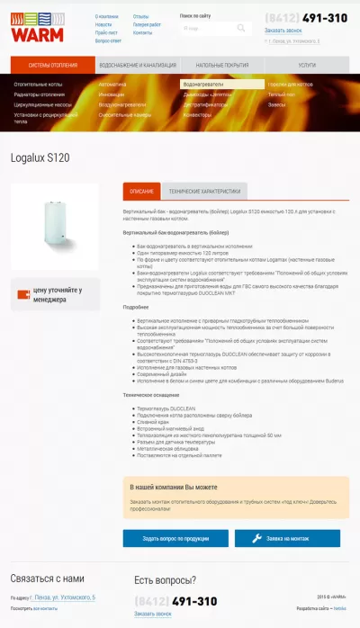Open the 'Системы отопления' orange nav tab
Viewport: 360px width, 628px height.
[x=52, y=66]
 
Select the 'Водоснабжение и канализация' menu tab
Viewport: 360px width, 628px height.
[x=138, y=66]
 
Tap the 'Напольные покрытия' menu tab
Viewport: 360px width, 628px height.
[x=222, y=66]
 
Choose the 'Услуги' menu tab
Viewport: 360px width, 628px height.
[x=307, y=66]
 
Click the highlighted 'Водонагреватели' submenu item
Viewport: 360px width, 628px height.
[x=202, y=84]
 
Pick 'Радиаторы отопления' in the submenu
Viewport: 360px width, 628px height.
[x=40, y=94]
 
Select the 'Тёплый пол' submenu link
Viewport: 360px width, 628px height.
[x=281, y=94]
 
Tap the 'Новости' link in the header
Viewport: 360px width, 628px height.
[x=103, y=24]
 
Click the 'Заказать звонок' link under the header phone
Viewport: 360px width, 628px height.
[x=283, y=31]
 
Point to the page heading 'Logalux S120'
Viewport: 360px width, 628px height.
[x=40, y=157]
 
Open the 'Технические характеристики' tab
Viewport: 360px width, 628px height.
[x=205, y=192]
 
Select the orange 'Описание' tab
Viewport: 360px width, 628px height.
[x=141, y=192]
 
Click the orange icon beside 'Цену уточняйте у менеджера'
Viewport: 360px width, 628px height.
[x=22, y=294]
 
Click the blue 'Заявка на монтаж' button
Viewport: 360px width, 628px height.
[x=287, y=538]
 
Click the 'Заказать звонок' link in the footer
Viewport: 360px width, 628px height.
[x=152, y=614]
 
